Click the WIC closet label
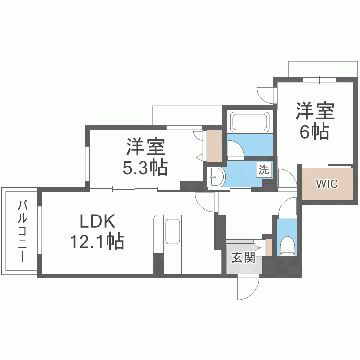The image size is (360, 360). pos(327,184)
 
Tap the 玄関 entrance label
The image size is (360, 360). pos(243,258)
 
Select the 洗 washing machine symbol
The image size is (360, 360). pos(264,169)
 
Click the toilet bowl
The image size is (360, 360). pos(288,245)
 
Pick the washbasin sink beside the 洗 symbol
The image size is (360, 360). pos(216,176)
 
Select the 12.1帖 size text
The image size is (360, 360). pos(97,241)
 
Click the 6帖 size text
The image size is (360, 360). pos(314,131)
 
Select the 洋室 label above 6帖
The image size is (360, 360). pos(315,111)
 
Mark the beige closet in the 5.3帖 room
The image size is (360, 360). pos(214,145)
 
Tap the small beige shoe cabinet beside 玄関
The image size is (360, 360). pos(269,247)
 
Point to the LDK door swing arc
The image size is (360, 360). pos(204,202)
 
